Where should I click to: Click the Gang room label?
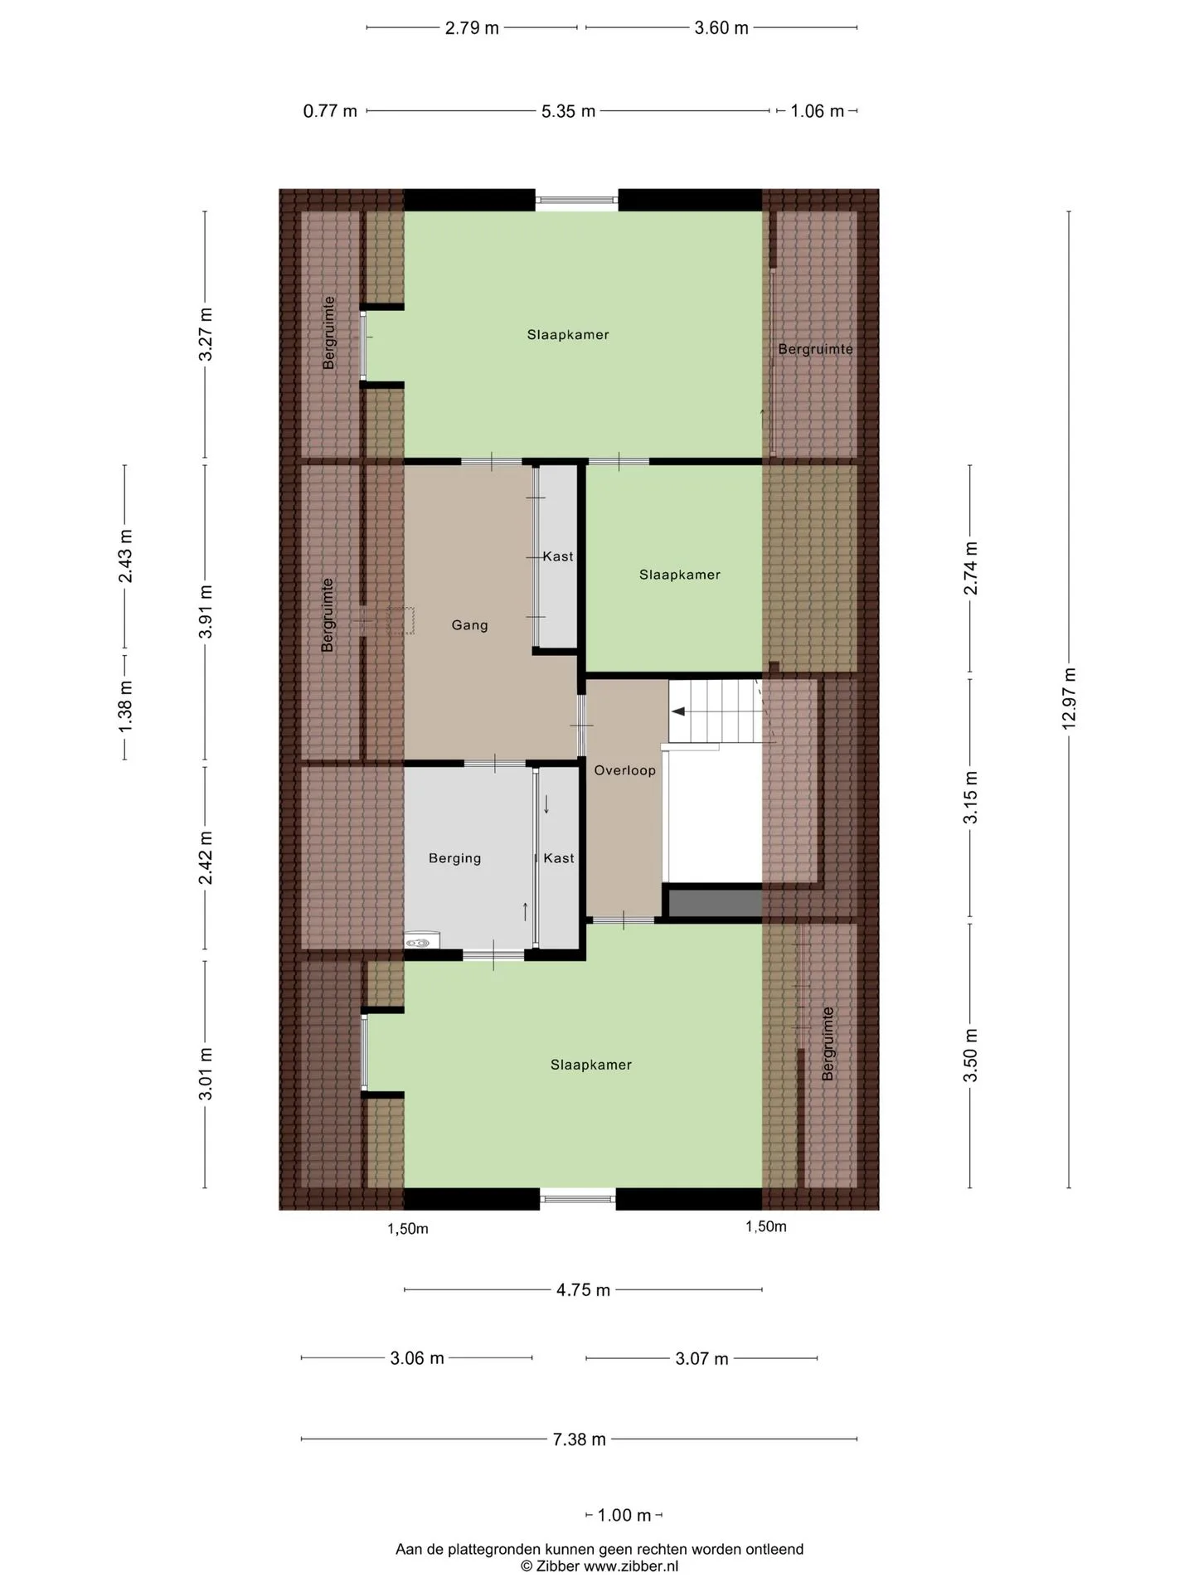click(469, 625)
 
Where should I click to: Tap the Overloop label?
click(625, 770)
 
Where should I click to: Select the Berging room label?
click(454, 858)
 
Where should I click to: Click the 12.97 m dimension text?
click(1069, 699)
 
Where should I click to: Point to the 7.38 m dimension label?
click(580, 1439)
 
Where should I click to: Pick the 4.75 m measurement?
click(583, 1289)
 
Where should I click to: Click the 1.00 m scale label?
click(624, 1515)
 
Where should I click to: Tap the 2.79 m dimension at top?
click(472, 27)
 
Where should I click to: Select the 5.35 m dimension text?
click(568, 110)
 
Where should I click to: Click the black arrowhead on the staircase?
click(677, 711)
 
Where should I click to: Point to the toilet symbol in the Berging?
click(422, 941)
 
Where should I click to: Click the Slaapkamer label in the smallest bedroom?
click(680, 575)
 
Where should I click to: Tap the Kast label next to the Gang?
click(558, 556)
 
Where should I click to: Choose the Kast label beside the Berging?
click(559, 858)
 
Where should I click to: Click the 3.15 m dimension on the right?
click(970, 797)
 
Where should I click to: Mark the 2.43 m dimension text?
click(125, 556)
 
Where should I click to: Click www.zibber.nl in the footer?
click(631, 1566)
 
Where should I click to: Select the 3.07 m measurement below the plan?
click(701, 1358)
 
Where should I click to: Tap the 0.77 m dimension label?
click(330, 110)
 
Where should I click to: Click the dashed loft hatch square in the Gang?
click(401, 621)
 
